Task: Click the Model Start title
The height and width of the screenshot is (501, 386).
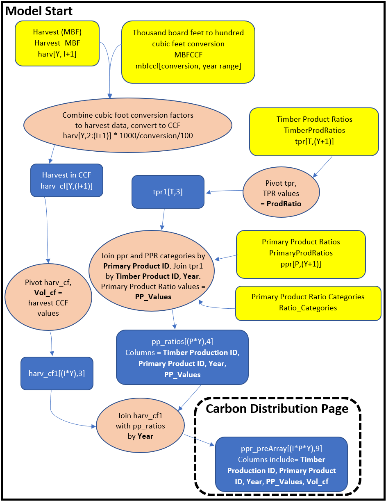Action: tap(39, 11)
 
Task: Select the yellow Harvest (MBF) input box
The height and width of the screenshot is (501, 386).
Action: tap(57, 43)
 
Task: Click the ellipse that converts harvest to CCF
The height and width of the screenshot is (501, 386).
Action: tap(127, 125)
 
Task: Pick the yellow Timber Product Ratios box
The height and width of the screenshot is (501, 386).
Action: tap(314, 131)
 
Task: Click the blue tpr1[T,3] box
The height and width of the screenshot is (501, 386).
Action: tap(168, 191)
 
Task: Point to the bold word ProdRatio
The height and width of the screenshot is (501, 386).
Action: tap(283, 204)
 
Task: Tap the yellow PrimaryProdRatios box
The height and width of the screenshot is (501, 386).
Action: tap(300, 253)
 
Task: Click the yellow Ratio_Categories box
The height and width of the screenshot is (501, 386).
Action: tap(308, 303)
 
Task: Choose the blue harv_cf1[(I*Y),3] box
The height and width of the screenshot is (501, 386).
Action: tap(57, 373)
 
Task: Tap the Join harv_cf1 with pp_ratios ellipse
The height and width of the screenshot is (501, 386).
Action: tap(141, 426)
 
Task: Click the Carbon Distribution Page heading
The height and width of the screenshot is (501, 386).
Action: tap(277, 408)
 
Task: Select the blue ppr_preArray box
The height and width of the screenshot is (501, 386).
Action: tap(281, 465)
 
